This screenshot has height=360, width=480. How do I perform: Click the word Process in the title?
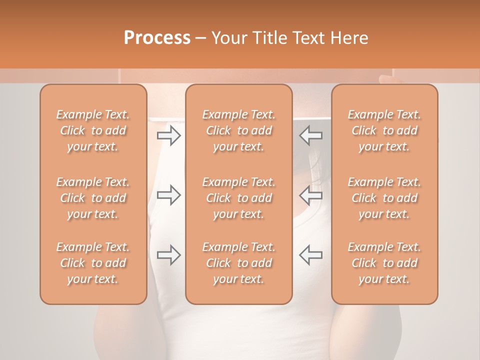(157, 38)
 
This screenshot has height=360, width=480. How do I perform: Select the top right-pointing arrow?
(169, 135)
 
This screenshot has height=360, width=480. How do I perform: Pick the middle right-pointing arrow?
(169, 195)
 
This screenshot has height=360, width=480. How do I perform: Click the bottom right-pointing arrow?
(169, 255)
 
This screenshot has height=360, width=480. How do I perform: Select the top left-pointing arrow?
(311, 135)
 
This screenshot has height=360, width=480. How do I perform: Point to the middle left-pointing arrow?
(311, 195)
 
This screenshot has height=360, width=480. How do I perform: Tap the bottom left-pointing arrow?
(311, 255)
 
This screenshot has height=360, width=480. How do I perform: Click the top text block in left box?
(93, 130)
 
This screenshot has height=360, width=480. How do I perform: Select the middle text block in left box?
(93, 198)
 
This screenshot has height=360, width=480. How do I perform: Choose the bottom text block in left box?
(93, 263)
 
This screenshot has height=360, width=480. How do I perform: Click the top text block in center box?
(239, 130)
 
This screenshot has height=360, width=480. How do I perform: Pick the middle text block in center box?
(239, 198)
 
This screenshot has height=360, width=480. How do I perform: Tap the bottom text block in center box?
(239, 263)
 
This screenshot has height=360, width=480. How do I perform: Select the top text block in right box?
(384, 130)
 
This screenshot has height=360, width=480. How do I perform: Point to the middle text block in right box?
(384, 198)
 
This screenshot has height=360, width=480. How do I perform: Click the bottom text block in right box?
(384, 263)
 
